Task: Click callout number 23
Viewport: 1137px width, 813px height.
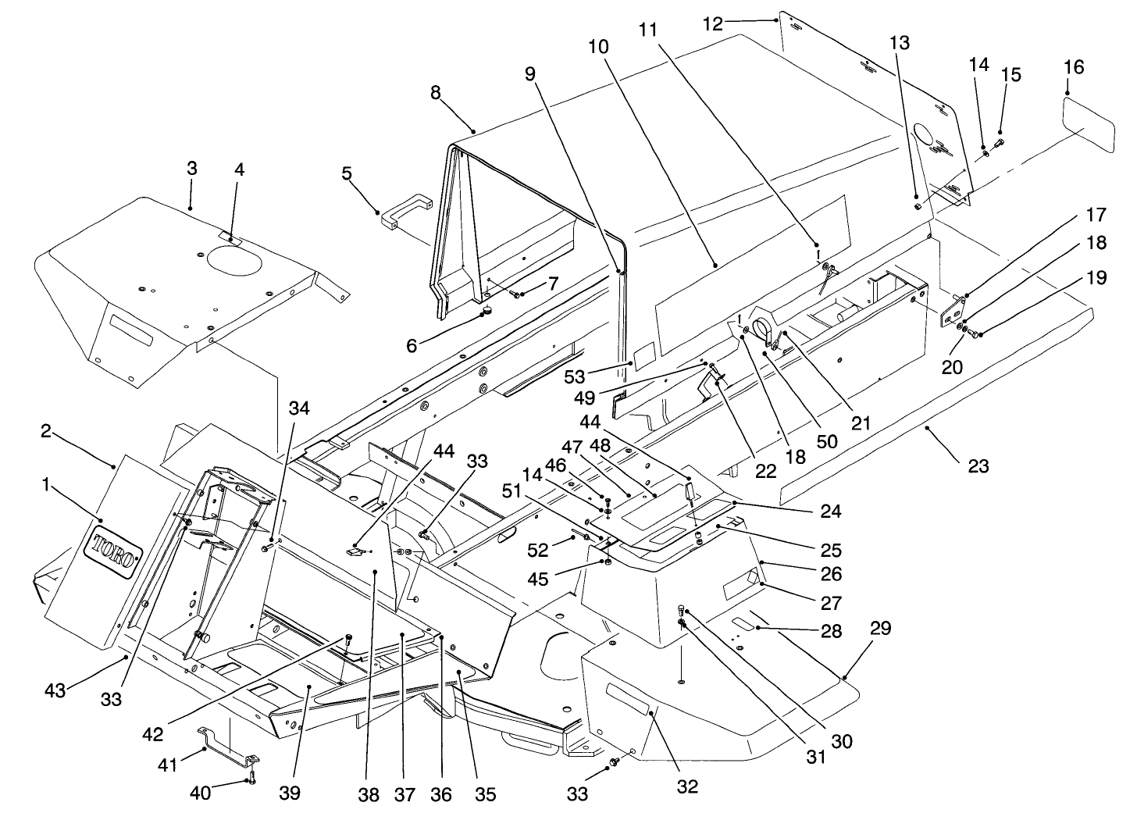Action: pyautogui.click(x=978, y=466)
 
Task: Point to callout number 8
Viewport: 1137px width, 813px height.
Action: pyautogui.click(x=435, y=93)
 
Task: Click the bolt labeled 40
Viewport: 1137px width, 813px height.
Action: pyautogui.click(x=251, y=776)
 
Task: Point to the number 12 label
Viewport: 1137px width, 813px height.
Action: pyautogui.click(x=713, y=24)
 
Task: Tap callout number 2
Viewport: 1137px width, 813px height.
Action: pyautogui.click(x=46, y=431)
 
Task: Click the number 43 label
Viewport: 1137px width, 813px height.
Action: pyautogui.click(x=55, y=690)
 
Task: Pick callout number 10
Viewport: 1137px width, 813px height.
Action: pyautogui.click(x=598, y=47)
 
